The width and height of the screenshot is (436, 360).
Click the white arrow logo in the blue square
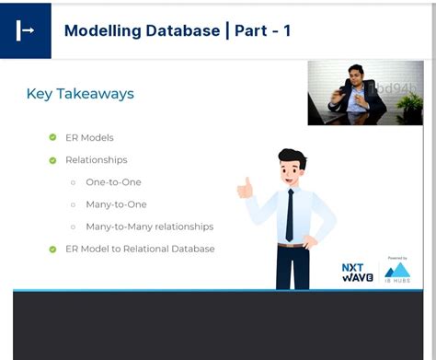(25, 30)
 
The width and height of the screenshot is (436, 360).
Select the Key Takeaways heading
(80, 94)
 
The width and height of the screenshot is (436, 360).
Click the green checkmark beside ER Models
(52, 137)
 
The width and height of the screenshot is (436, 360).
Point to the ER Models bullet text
(89, 137)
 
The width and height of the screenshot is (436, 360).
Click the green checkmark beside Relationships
(52, 159)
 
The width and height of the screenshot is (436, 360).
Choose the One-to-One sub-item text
(113, 182)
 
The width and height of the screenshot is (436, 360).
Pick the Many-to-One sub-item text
(116, 204)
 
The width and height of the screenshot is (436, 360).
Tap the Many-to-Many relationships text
(149, 226)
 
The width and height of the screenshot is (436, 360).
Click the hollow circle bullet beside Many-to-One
(74, 204)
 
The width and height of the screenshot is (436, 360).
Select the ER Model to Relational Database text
(140, 249)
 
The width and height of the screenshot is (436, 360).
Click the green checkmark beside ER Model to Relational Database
(52, 249)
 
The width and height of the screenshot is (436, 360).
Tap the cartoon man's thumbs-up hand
(245, 188)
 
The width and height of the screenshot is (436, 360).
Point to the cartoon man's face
(292, 171)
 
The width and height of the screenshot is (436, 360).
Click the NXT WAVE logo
(358, 273)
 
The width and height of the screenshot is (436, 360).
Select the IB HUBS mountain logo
(397, 271)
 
